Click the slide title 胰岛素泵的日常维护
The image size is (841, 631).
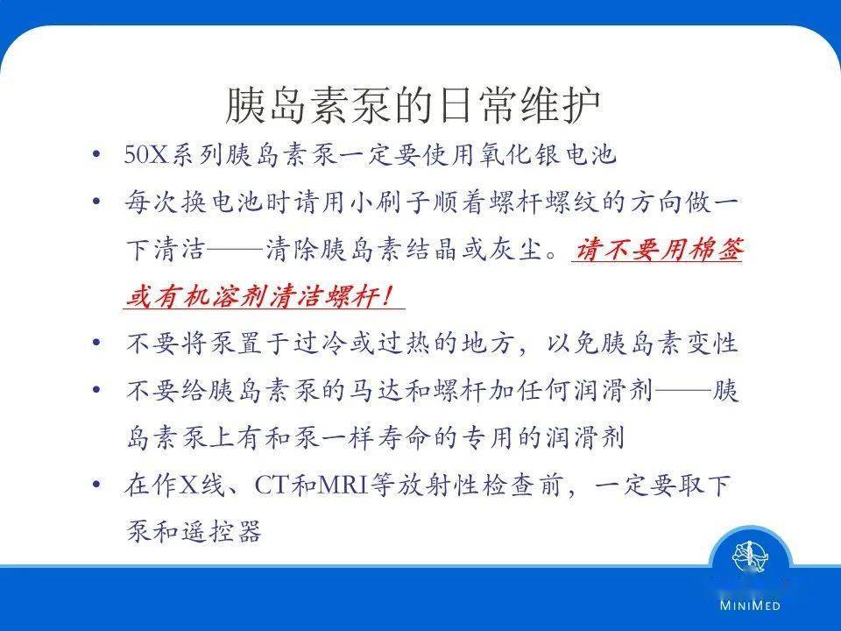[x=413, y=105]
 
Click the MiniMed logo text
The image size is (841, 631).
[x=751, y=605]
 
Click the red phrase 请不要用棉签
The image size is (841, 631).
[x=657, y=251]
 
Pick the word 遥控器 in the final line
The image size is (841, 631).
[x=227, y=532]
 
